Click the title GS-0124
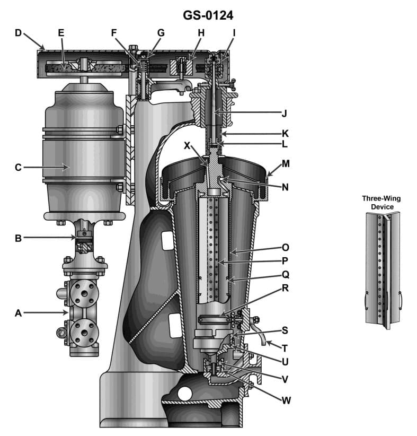[x=208, y=15]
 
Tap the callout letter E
[x=61, y=33]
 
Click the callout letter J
[x=285, y=112]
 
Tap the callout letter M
[x=286, y=164]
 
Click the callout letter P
[x=285, y=261]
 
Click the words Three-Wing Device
[x=381, y=203]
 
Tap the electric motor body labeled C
[x=85, y=154]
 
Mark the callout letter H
[x=201, y=33]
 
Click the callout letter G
[x=161, y=33]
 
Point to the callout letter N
[x=285, y=187]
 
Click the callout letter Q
[x=285, y=275]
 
